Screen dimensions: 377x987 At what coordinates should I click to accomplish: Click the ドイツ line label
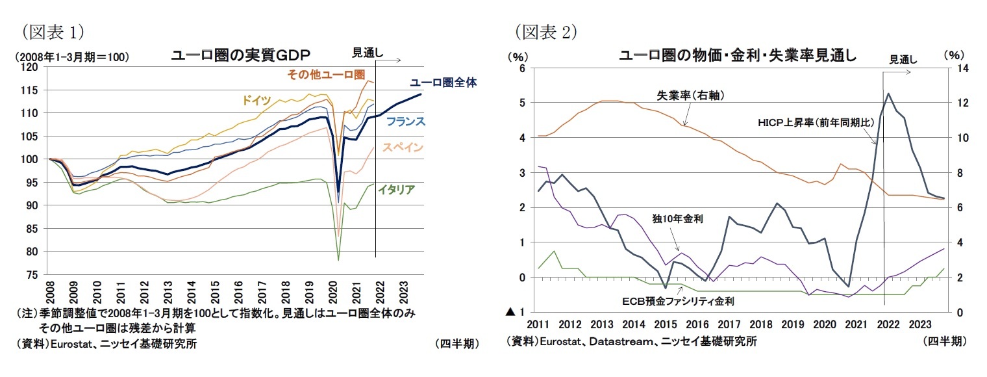pyautogui.click(x=256, y=100)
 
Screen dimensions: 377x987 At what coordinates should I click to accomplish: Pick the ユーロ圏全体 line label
pyautogui.click(x=443, y=83)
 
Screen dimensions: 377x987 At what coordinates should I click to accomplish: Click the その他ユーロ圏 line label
pyautogui.click(x=326, y=75)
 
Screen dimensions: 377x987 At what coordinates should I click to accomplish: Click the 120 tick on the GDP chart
pyautogui.click(x=31, y=67)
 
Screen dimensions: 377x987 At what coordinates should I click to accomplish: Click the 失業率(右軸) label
pyautogui.click(x=690, y=96)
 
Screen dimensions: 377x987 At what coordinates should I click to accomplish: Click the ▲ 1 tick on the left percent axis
pyautogui.click(x=517, y=313)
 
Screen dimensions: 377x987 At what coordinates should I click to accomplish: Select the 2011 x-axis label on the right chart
pyautogui.click(x=538, y=324)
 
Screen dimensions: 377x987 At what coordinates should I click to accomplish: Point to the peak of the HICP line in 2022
pyautogui.click(x=887, y=94)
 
